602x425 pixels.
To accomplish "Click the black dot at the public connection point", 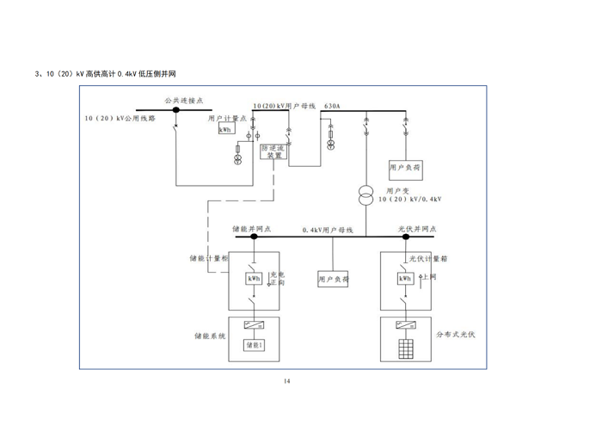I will (175, 110).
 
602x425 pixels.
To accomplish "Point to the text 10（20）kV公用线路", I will (120, 119).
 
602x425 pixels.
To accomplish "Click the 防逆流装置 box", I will (273, 152).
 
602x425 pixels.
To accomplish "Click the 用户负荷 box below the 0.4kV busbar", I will (334, 280).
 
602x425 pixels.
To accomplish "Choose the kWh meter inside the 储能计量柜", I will (255, 279).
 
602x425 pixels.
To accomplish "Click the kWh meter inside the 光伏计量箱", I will (404, 278).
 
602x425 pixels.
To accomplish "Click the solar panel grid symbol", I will (404, 348).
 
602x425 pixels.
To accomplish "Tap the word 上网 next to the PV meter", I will (431, 278).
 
